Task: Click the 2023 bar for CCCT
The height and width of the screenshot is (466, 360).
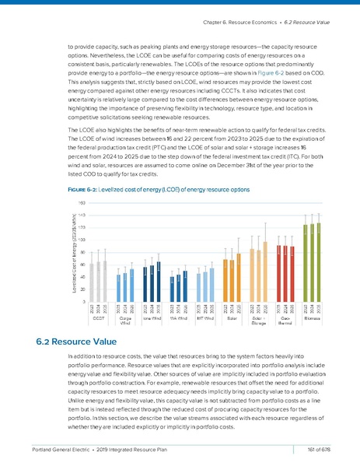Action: (x=93, y=282)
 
